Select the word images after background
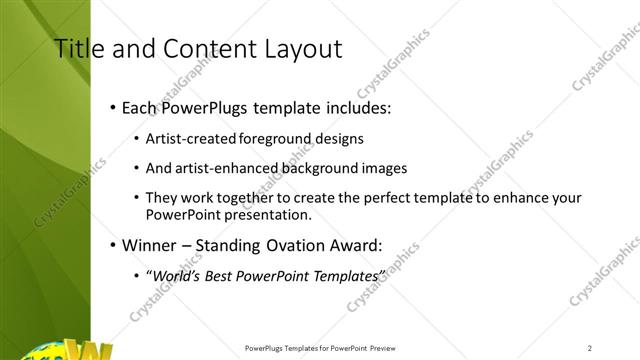click(386, 168)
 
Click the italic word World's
click(172, 275)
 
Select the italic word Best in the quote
click(219, 275)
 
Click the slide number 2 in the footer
click(590, 348)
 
